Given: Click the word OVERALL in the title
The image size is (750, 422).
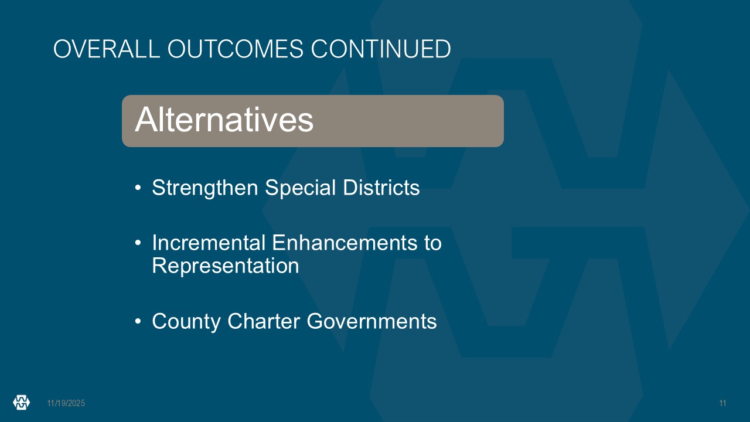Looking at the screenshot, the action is pyautogui.click(x=107, y=49).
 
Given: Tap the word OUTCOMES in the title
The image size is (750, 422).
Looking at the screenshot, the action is pyautogui.click(x=236, y=49).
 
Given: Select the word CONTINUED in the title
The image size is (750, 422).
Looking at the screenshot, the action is pyautogui.click(x=381, y=49).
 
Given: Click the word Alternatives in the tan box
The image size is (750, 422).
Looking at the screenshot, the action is pyautogui.click(x=224, y=120).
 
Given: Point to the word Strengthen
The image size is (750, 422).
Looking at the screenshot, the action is pyautogui.click(x=205, y=188).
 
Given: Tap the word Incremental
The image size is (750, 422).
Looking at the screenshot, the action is pyautogui.click(x=209, y=243).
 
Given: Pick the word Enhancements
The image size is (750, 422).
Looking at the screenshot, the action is pyautogui.click(x=345, y=243).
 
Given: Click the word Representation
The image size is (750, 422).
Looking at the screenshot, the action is pyautogui.click(x=226, y=266).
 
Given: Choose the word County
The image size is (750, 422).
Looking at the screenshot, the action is pyautogui.click(x=186, y=322).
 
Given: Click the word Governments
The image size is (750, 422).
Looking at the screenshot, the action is pyautogui.click(x=371, y=321).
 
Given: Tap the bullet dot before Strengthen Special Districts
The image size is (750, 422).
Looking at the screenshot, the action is pyautogui.click(x=138, y=188).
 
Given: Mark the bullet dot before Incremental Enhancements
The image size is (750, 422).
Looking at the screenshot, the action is pyautogui.click(x=138, y=243).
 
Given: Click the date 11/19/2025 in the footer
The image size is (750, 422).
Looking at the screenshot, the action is pyautogui.click(x=66, y=403).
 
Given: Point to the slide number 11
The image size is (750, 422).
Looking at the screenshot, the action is pyautogui.click(x=722, y=403).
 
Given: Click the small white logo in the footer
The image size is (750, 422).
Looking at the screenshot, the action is pyautogui.click(x=22, y=402).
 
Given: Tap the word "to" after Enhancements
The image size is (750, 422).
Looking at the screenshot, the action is pyautogui.click(x=433, y=243).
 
